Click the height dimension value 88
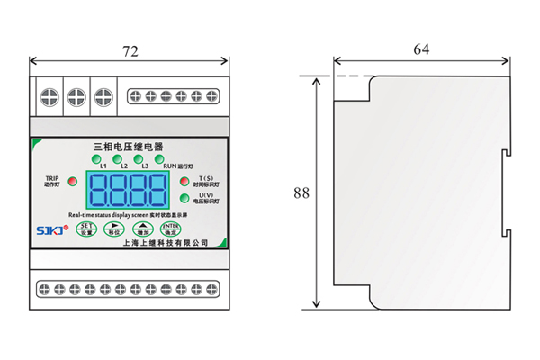click(301, 193)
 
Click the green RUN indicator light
click(166, 158)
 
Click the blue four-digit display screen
click(128, 190)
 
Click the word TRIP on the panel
click(51, 178)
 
